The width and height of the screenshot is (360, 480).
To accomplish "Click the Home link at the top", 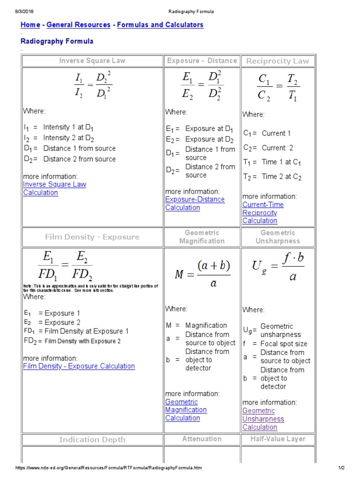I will pos(30,25).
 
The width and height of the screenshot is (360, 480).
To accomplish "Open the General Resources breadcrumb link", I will pos(79,25).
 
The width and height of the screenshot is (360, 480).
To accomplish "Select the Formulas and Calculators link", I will pos(160,25).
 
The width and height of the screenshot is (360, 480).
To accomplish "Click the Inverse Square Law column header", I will pos(92,60).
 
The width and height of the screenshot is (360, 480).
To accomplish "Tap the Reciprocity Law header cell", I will pos(277,61).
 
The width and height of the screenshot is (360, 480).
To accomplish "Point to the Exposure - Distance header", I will pos(202,60).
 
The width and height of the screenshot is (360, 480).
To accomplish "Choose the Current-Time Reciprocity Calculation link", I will pos(262,213).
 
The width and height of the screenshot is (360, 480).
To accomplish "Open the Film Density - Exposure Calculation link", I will pos(79,366).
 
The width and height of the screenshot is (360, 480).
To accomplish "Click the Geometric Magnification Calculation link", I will pos(186,410).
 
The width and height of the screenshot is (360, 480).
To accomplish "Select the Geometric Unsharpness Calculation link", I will pos(263,419).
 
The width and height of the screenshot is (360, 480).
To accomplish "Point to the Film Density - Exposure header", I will pos(92,237).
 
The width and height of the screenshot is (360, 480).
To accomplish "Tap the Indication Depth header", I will pos(92,439).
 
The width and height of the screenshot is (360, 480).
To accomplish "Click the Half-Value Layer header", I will pos(277,439).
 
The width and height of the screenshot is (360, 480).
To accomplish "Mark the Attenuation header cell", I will pos(202,439).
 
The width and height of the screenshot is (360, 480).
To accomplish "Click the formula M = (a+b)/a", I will pos(202,275).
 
